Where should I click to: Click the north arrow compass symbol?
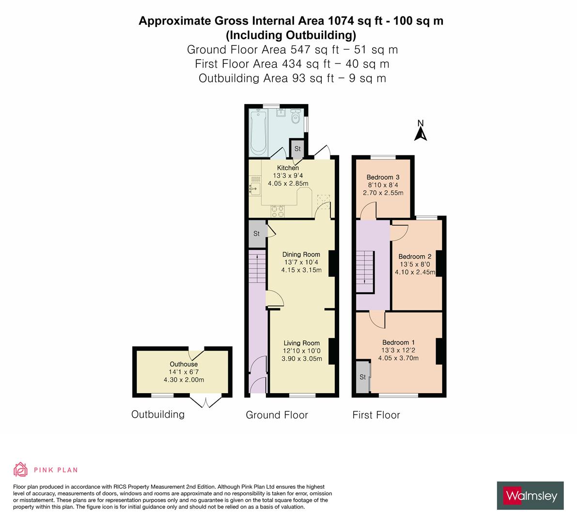click(421, 131)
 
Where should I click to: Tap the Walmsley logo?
click(530, 495)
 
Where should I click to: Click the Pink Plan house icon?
click(20, 469)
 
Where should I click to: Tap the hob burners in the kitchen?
click(278, 211)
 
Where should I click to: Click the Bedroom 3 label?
click(383, 177)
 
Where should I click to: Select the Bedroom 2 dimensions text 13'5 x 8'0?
click(414, 264)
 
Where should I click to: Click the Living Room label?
click(301, 343)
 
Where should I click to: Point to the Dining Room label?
click(301, 254)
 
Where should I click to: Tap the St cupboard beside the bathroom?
click(297, 149)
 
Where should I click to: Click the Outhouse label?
click(184, 364)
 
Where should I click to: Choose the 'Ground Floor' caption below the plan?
click(277, 415)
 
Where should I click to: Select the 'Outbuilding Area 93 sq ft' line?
click(292, 78)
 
